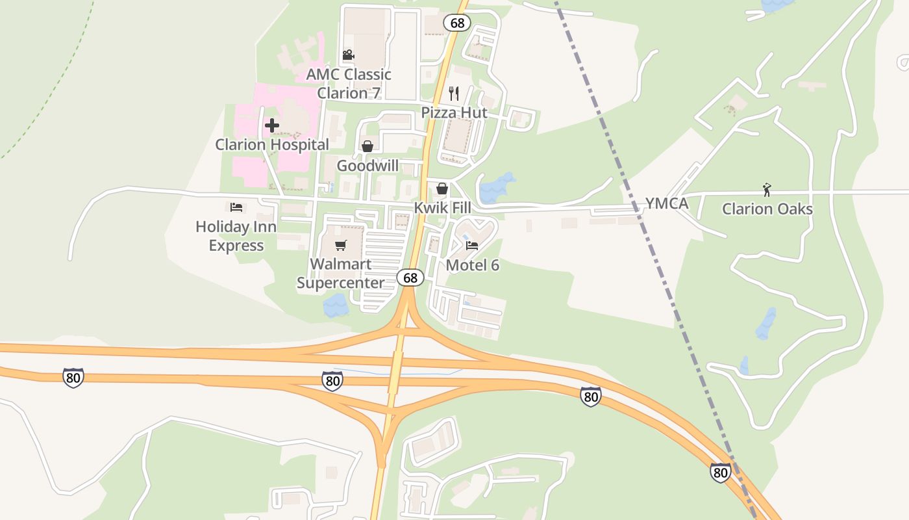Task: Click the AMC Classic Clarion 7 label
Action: pyautogui.click(x=349, y=84)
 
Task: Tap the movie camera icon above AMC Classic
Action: pyautogui.click(x=348, y=55)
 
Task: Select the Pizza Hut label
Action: pyautogui.click(x=454, y=112)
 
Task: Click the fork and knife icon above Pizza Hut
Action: pyautogui.click(x=454, y=94)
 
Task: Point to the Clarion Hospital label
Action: pyautogui.click(x=272, y=144)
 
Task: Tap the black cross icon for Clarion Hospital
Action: pyautogui.click(x=272, y=125)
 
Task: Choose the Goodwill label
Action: pyautogui.click(x=367, y=166)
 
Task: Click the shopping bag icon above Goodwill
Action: pyautogui.click(x=367, y=146)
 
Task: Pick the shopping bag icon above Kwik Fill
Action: pyautogui.click(x=442, y=188)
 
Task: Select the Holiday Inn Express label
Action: pyautogui.click(x=236, y=236)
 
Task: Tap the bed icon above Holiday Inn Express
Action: pyautogui.click(x=236, y=207)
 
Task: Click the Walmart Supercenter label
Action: pyautogui.click(x=341, y=274)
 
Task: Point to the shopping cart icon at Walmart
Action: pyautogui.click(x=340, y=245)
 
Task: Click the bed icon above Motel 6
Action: pyautogui.click(x=472, y=246)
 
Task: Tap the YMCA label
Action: pyautogui.click(x=666, y=204)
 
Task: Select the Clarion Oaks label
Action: pyautogui.click(x=767, y=209)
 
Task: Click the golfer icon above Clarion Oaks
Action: pyautogui.click(x=767, y=190)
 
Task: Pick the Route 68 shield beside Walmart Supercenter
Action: pyautogui.click(x=410, y=278)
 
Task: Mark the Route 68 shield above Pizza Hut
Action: pyautogui.click(x=457, y=23)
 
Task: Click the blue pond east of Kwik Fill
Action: pyautogui.click(x=497, y=188)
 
